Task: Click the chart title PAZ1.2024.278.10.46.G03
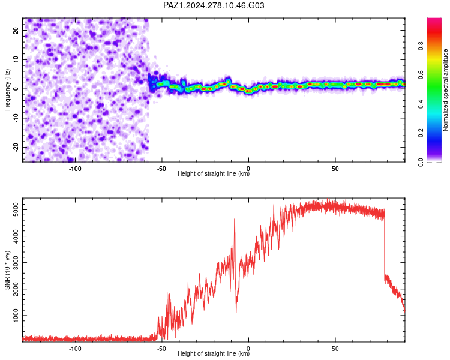point(214,5)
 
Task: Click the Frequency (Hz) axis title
point(7,90)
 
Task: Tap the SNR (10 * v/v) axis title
point(7,270)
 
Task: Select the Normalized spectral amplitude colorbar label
point(445,90)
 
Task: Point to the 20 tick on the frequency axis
point(16,30)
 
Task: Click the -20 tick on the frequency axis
point(16,147)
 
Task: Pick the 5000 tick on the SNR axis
point(16,209)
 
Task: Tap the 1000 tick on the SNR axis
point(16,316)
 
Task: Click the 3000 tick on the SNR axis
point(16,262)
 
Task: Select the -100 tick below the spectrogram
point(75,169)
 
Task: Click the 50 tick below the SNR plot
point(335,349)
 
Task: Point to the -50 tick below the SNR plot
point(161,349)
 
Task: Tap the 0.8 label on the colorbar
point(421,46)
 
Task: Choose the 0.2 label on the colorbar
point(421,133)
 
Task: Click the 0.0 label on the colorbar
point(421,162)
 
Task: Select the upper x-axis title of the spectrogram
point(214,173)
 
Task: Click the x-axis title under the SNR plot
point(214,353)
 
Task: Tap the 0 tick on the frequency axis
point(16,89)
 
